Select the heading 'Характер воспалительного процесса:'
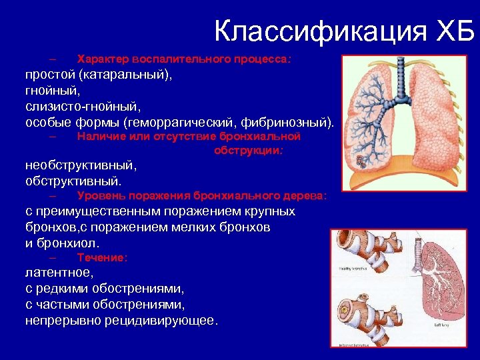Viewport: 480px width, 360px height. pos(184,59)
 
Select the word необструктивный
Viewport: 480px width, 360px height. pos(80,165)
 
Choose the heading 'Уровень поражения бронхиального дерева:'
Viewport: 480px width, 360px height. pos(202,196)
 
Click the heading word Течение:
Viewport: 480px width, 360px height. pos(102,257)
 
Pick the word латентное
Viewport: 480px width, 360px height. pos(59,273)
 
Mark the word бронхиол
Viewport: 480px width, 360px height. pos(71,243)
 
